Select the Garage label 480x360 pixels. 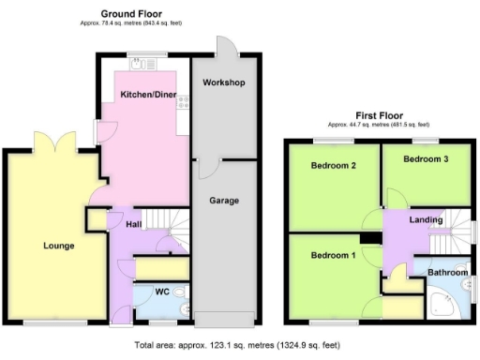[x=224, y=201]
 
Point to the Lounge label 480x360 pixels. [x=58, y=247]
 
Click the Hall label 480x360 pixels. [x=133, y=224]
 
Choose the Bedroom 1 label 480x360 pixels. [x=332, y=257]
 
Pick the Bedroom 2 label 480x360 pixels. [x=332, y=166]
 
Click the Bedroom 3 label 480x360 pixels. [x=425, y=159]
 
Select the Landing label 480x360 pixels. [x=425, y=219]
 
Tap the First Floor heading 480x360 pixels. [x=378, y=116]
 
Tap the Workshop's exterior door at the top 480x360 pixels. [x=225, y=47]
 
